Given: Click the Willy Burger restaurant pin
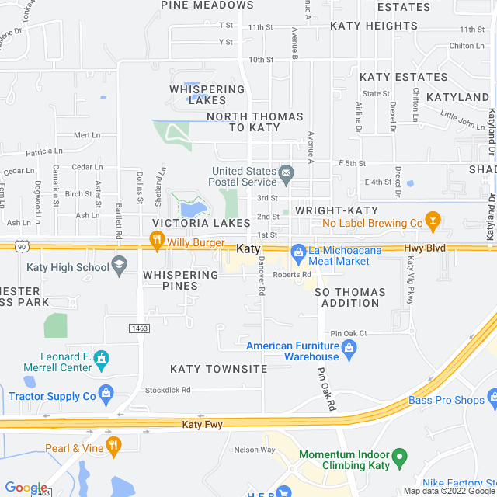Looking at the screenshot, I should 157,243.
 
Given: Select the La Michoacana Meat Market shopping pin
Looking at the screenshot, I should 298,252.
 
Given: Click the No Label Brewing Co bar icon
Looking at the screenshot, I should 433,223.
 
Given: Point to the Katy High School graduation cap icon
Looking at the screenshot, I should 120,267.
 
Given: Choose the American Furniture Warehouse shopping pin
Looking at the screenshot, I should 349,348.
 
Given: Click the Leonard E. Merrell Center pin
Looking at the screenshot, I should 100,359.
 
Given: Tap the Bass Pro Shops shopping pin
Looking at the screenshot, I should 492,401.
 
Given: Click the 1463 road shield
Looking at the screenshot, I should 140,329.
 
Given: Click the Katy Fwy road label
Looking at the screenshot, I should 203,425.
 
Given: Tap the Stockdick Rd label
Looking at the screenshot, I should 167,390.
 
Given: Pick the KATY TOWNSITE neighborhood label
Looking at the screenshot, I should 219,369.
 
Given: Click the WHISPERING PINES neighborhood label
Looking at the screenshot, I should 181,280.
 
